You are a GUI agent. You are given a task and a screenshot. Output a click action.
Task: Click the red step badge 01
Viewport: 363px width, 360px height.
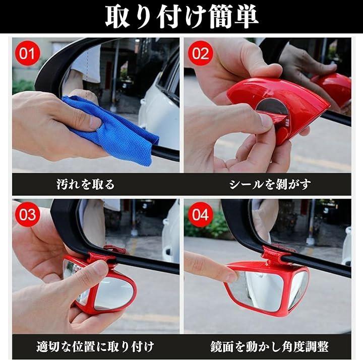[28, 53]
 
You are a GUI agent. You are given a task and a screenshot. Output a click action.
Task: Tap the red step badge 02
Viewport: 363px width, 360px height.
[200, 53]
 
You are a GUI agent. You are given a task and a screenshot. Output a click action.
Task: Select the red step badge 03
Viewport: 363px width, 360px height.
[28, 214]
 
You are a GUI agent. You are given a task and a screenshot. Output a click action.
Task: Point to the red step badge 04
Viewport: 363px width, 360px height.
[200, 214]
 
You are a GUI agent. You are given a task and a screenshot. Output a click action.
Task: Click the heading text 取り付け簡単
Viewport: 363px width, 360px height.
[181, 17]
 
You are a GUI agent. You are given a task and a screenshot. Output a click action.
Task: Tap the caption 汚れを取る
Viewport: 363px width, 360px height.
[86, 184]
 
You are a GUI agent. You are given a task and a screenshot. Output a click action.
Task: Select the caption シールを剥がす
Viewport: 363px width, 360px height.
[270, 184]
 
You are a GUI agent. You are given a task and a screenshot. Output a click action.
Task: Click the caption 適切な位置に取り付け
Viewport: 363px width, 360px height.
[95, 346]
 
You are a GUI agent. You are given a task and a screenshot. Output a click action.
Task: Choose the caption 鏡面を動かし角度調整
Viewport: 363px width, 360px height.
[269, 346]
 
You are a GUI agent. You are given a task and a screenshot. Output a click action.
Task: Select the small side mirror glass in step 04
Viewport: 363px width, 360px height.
[298, 289]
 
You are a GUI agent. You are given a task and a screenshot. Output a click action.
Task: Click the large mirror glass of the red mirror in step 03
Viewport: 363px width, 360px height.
[114, 294]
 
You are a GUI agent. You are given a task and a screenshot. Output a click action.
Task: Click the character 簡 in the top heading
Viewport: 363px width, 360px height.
[221, 17]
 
